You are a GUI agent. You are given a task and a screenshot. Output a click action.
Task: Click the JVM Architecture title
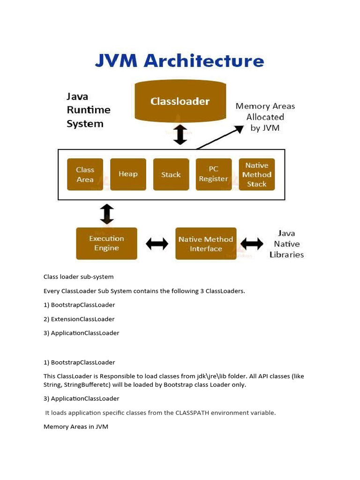(x=180, y=61)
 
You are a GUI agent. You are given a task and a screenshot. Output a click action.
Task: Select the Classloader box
(x=180, y=101)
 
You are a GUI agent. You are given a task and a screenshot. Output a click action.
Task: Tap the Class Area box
(x=85, y=174)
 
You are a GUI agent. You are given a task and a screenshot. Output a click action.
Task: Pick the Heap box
(x=128, y=174)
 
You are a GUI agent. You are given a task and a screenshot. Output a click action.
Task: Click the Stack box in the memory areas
(x=171, y=174)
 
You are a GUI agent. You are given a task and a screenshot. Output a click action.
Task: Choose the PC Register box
(x=214, y=174)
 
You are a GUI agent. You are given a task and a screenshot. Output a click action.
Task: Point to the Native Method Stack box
(x=257, y=174)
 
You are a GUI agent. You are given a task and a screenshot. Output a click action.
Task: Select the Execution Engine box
(x=106, y=243)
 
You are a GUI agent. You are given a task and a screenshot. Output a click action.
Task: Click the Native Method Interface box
(x=206, y=244)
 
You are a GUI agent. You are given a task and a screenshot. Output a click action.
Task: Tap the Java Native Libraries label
(x=286, y=244)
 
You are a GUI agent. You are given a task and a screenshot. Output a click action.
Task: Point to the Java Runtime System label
(x=89, y=110)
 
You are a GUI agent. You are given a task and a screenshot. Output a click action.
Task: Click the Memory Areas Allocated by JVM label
(x=265, y=117)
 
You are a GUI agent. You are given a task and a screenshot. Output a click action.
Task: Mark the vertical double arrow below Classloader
(x=180, y=135)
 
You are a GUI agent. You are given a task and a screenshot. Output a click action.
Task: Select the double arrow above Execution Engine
(x=107, y=214)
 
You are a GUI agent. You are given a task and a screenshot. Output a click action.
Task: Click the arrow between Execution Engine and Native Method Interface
(x=157, y=244)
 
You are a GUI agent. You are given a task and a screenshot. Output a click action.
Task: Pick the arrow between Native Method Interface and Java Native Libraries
(x=252, y=244)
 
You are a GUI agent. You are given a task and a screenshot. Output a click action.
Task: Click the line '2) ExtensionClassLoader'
(x=79, y=319)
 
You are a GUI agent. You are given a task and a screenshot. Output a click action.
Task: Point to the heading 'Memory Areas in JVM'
(x=76, y=427)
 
